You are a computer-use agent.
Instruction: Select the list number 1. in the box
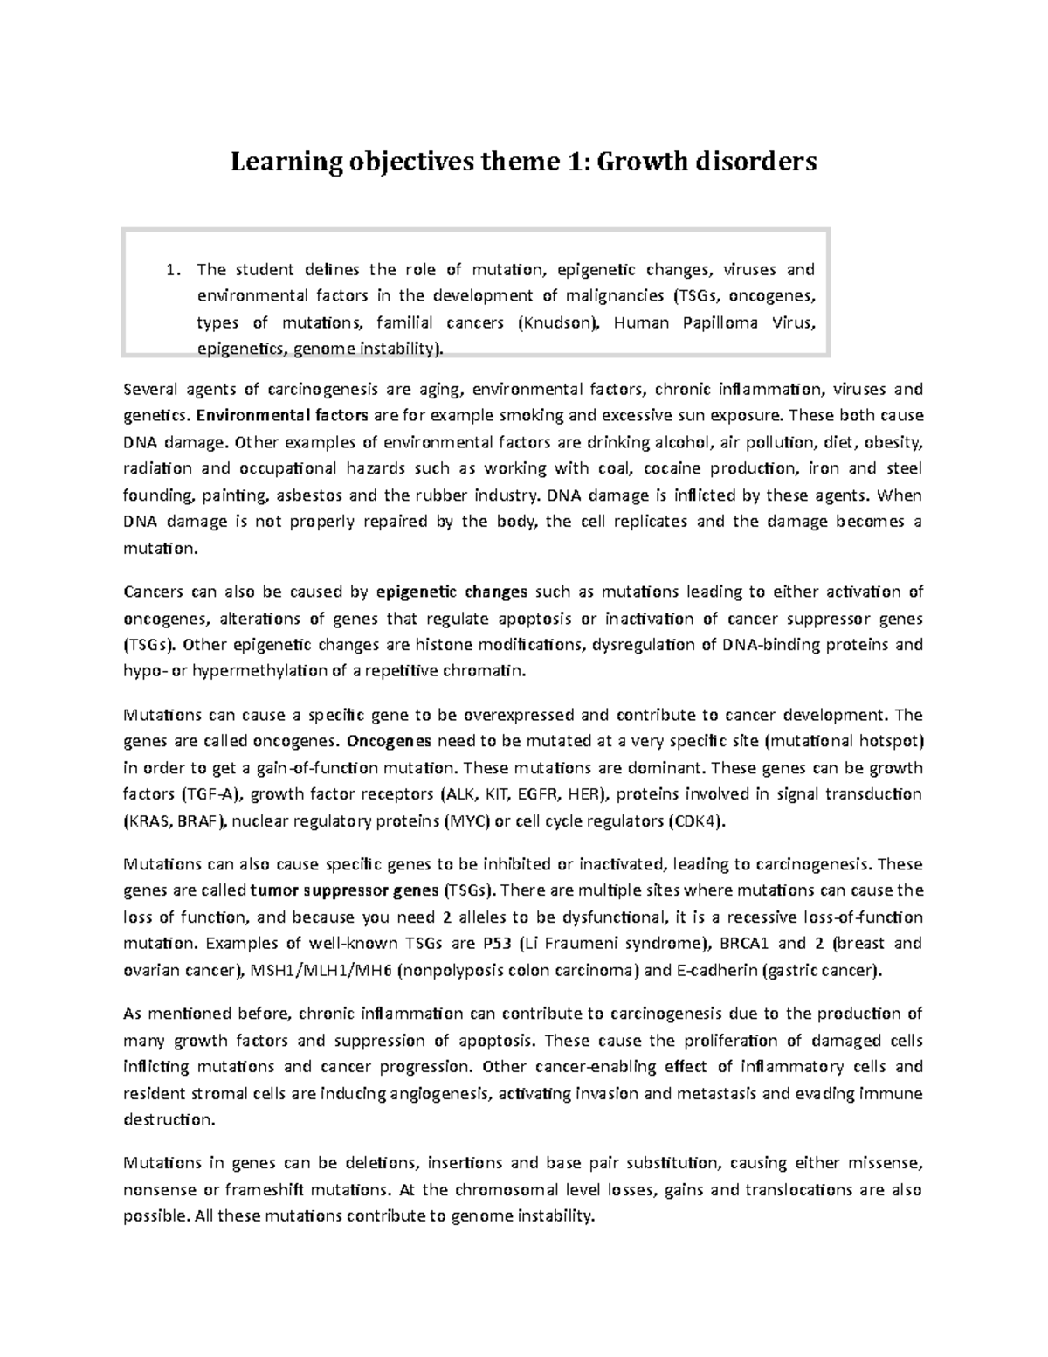pyautogui.click(x=173, y=269)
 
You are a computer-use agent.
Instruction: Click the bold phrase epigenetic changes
pyautogui.click(x=452, y=592)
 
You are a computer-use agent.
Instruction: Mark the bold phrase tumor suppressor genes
pyautogui.click(x=344, y=891)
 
